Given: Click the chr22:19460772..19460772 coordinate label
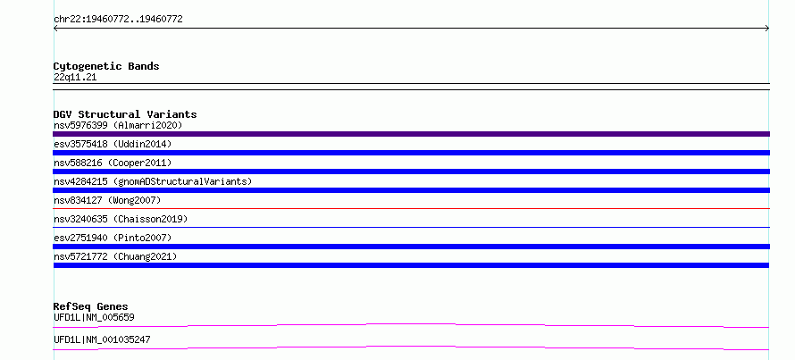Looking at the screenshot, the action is coord(118,20).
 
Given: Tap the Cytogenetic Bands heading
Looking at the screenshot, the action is coord(106,66).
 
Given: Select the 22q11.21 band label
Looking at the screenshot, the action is coord(75,77).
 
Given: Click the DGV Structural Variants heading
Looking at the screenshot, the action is coord(125,114).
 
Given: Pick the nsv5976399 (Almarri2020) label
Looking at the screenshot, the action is coord(118,125).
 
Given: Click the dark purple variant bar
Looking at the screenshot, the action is coord(411,134).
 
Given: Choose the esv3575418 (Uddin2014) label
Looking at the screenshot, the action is coord(113,144).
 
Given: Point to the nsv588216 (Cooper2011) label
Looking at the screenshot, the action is coord(113,163).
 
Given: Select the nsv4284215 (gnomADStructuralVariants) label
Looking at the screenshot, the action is coord(153,181).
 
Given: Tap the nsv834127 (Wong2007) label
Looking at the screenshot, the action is coord(107,200).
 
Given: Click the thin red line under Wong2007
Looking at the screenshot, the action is coord(411,208).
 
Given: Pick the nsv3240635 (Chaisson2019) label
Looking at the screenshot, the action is coord(121,219).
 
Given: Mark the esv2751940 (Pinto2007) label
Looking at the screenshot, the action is coord(113,238).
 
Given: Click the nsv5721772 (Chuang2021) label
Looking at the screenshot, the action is coord(115,256).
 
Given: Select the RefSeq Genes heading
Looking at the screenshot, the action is coord(90,306).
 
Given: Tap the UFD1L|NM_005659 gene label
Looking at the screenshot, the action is coord(94,317).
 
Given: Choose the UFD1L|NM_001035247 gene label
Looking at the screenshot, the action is coord(102,339).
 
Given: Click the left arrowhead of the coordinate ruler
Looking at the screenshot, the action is coord(55,29).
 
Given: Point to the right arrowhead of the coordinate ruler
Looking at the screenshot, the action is coord(767,29).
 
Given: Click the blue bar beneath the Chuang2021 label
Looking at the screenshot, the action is coord(411,265).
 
